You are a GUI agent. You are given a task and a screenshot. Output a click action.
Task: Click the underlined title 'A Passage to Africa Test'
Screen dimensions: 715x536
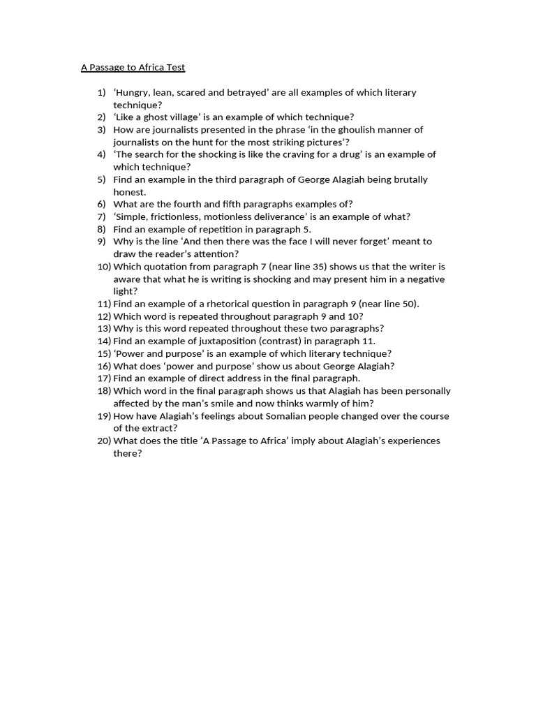click(x=133, y=68)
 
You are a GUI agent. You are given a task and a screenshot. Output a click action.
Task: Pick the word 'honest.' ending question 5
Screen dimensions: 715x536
click(x=130, y=192)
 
